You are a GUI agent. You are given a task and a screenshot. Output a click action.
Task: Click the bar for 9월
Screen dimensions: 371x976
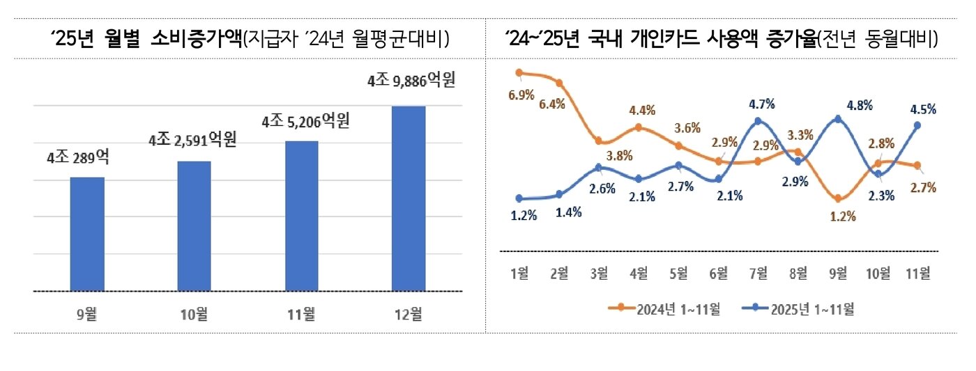pyautogui.click(x=87, y=234)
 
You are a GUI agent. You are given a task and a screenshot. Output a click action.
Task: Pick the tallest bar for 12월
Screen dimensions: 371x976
pyautogui.click(x=409, y=198)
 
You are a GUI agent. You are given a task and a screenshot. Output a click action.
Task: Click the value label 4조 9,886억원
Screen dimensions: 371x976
pyautogui.click(x=411, y=81)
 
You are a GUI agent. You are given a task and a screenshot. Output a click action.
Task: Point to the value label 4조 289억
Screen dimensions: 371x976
pyautogui.click(x=77, y=157)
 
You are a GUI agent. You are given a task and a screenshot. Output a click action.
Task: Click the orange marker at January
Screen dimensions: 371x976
pyautogui.click(x=519, y=72)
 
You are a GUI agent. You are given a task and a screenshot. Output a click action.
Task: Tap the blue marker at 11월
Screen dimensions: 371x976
pyautogui.click(x=917, y=125)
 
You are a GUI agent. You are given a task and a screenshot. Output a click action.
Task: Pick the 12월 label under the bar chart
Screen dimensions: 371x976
pyautogui.click(x=409, y=314)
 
